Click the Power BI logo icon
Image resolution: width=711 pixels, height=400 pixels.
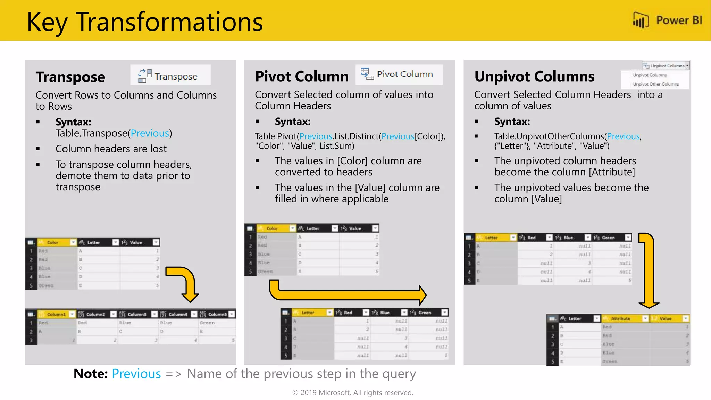(x=641, y=20)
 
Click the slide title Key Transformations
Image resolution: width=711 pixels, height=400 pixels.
(x=145, y=22)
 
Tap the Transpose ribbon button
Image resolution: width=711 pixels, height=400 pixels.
(x=170, y=75)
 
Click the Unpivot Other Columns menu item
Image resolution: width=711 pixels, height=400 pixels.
(x=655, y=84)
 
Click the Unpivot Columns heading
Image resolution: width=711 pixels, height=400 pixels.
(x=534, y=76)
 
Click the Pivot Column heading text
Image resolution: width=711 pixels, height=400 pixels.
(x=301, y=76)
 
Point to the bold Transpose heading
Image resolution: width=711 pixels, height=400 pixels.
(x=70, y=77)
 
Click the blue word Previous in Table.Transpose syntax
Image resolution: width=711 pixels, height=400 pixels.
(x=150, y=133)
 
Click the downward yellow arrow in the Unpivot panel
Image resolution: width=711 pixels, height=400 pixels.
(x=648, y=271)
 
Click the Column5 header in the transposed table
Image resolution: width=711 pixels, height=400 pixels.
(x=217, y=314)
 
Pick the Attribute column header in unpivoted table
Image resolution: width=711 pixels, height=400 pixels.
(x=620, y=318)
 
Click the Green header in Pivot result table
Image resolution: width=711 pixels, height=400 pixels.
(x=425, y=312)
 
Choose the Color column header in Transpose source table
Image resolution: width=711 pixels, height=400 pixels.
(x=53, y=242)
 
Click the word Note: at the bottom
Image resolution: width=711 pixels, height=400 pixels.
(x=91, y=374)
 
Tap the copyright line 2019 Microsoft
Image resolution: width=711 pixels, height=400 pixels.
(x=353, y=393)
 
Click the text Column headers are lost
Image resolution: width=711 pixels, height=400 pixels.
(x=111, y=149)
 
